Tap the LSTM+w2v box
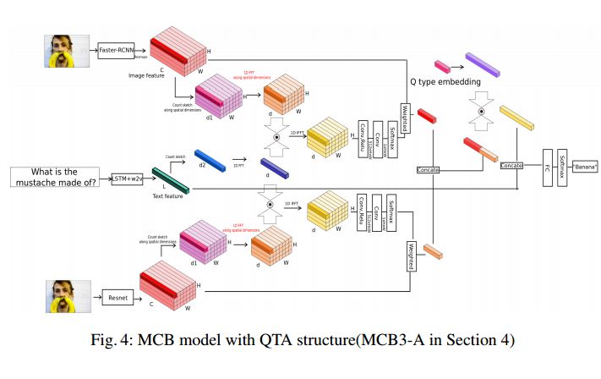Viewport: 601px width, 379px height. (130, 179)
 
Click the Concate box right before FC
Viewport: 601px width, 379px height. (511, 165)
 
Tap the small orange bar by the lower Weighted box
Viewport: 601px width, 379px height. (433, 251)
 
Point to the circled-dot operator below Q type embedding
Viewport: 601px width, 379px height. (481, 111)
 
